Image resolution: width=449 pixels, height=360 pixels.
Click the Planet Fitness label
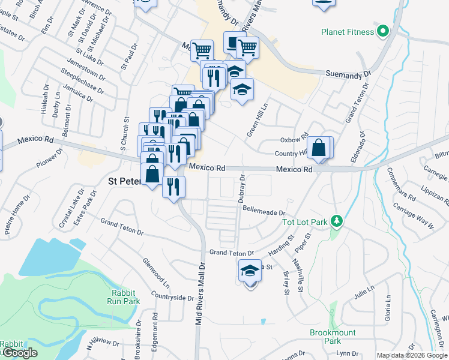point(347,32)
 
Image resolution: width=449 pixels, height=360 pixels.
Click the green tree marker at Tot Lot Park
point(337,222)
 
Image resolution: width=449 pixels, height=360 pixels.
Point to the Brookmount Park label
point(333,337)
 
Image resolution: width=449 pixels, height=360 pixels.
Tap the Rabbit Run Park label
point(125,297)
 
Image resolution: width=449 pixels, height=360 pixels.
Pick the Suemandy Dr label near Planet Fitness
point(348,73)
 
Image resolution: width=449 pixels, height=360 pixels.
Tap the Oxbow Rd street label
point(294,139)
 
